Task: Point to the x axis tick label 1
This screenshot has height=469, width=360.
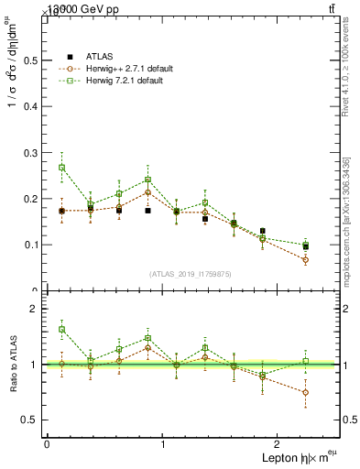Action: tap(163, 443)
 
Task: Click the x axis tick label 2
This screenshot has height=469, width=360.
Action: tap(302, 443)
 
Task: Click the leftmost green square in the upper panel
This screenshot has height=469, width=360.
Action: tap(61, 168)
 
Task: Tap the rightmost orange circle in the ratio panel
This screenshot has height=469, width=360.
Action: tap(306, 392)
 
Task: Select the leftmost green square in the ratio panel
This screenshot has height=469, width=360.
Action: tap(61, 329)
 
